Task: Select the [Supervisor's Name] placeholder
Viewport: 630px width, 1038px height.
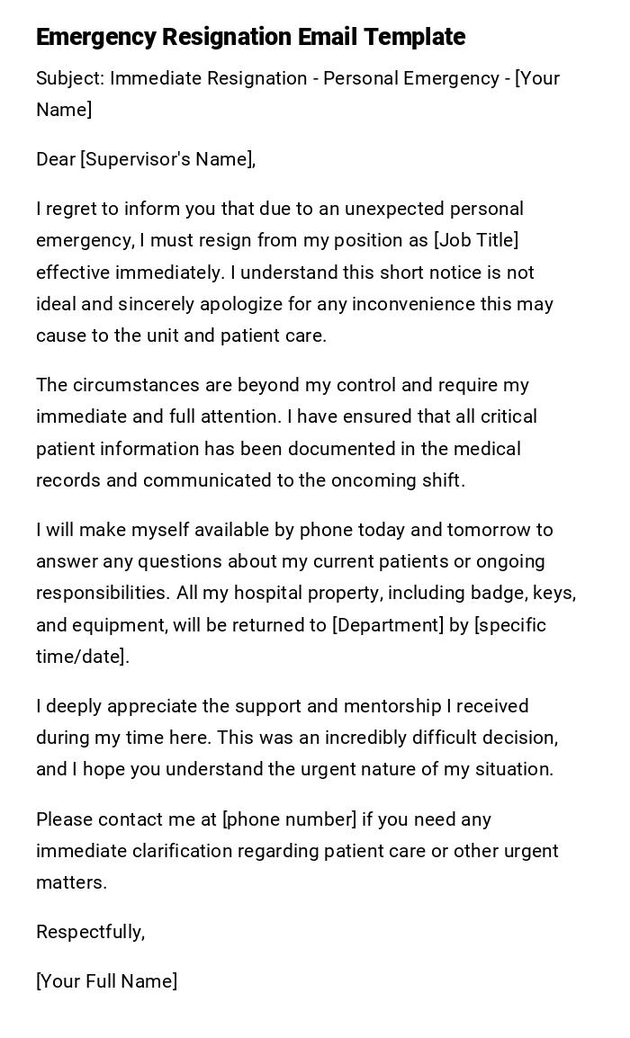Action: (167, 159)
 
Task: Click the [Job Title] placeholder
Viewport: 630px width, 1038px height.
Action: (476, 240)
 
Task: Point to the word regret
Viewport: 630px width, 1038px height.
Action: (73, 209)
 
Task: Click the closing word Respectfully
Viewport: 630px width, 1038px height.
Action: (89, 932)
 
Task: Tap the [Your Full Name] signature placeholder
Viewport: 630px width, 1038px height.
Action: (106, 981)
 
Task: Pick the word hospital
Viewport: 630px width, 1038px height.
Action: (247, 594)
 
